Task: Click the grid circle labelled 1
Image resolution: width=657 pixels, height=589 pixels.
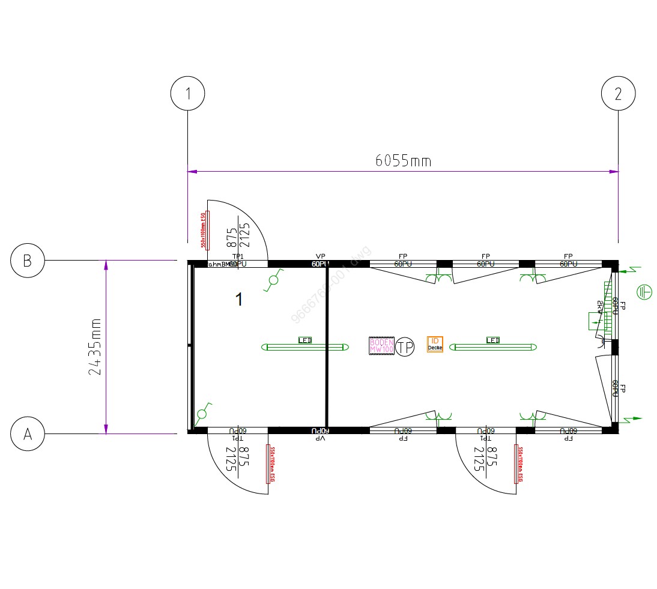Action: pos(188,94)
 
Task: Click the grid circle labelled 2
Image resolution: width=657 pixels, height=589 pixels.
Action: pos(619,94)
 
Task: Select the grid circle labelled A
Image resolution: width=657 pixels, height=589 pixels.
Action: pos(28,433)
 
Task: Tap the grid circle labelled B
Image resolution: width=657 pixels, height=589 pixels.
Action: pos(28,261)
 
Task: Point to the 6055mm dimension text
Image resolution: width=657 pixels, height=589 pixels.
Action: pos(403,160)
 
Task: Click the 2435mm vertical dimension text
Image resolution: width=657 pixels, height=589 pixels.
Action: pos(95,346)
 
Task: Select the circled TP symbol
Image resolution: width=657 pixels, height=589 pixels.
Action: pos(405,346)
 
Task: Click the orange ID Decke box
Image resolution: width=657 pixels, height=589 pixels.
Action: pos(435,344)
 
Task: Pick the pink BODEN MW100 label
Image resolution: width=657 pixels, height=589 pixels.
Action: pos(381,346)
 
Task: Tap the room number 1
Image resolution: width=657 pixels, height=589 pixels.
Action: pos(239,300)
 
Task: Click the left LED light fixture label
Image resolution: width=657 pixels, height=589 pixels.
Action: pos(305,340)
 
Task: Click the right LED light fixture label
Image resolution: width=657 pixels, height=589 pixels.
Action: pos(493,340)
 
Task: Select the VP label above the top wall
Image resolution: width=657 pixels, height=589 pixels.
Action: pos(320,256)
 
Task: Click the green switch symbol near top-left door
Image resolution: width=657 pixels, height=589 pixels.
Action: pos(274,279)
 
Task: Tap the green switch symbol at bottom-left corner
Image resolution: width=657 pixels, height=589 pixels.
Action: pos(202,413)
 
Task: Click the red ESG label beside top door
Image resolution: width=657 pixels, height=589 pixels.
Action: pos(203,231)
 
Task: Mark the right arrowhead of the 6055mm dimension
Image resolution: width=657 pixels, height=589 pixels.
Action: pos(614,172)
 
